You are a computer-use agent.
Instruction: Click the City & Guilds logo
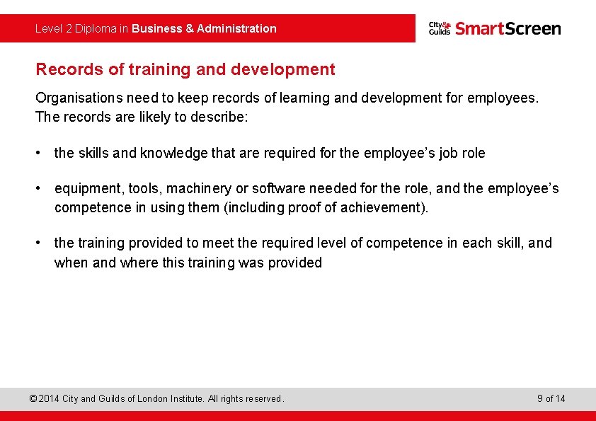(439, 28)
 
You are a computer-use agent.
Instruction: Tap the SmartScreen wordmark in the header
(508, 28)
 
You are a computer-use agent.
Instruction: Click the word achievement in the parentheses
(383, 208)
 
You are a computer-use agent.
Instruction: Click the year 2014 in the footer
(48, 399)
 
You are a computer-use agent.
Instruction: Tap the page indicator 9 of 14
(551, 399)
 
